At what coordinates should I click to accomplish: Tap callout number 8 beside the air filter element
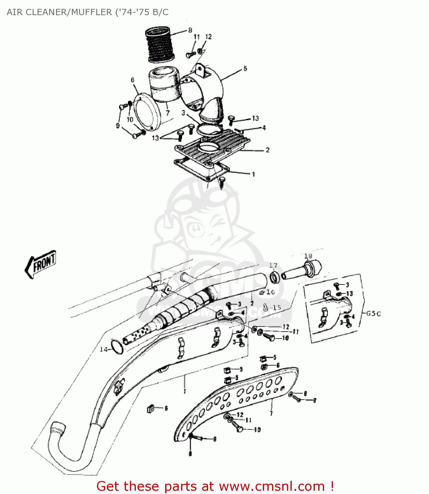190,30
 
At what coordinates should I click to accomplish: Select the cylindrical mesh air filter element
160,45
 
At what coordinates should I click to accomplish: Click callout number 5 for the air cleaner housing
245,69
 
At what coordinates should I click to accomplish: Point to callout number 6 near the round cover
133,80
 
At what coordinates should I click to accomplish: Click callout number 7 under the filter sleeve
168,113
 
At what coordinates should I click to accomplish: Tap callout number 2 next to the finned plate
267,150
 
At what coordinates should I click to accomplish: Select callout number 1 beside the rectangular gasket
253,174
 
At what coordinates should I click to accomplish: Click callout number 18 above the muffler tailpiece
308,256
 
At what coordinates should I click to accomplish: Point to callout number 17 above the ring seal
273,265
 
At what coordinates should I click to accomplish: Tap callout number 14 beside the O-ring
104,349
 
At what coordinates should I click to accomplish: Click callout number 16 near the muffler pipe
270,292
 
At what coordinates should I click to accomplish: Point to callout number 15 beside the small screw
276,308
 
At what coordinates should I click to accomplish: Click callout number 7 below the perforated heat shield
271,413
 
